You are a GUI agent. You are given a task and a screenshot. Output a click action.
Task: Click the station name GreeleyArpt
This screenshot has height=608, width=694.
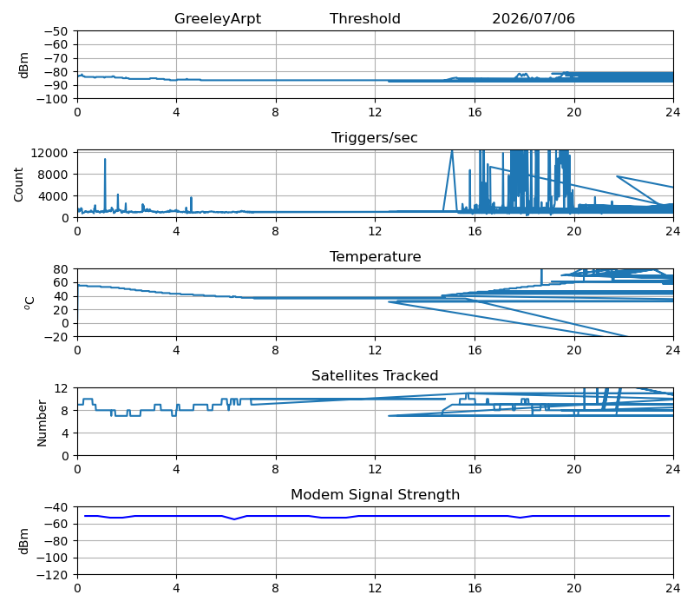218,18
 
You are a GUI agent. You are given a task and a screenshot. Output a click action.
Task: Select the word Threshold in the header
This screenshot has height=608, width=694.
364,18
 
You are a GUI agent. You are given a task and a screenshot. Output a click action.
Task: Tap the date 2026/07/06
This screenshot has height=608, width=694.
534,18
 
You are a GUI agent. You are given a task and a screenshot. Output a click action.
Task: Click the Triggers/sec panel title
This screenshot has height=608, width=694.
375,138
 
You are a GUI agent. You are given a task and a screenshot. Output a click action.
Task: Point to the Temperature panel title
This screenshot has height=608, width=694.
375,256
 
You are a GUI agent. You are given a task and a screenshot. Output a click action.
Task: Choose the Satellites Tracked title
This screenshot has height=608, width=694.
375,376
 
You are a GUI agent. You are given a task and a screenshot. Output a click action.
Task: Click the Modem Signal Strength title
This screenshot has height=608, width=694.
375,494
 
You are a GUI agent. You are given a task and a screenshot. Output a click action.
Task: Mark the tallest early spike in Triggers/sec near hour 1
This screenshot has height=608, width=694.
105,160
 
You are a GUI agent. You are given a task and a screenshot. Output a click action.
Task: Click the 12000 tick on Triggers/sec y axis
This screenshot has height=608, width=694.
49,153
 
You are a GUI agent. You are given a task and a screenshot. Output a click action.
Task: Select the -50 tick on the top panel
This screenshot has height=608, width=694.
56,31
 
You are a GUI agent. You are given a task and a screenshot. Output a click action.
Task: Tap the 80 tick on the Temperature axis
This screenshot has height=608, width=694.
61,269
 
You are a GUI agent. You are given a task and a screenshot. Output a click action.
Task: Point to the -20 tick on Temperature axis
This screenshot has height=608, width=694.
56,337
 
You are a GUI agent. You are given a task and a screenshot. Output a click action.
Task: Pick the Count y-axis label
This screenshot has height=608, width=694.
18,184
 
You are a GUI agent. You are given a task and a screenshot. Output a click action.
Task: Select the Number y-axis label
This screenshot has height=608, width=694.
42,423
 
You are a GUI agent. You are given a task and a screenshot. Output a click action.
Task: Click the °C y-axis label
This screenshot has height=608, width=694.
29,303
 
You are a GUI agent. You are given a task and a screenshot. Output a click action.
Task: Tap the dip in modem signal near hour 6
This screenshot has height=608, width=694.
234,519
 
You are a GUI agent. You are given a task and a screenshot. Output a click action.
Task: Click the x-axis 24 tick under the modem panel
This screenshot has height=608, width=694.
673,589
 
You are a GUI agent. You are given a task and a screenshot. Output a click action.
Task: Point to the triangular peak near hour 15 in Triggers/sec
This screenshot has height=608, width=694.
452,151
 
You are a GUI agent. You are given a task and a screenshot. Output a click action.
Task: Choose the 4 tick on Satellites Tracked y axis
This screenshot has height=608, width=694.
64,433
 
